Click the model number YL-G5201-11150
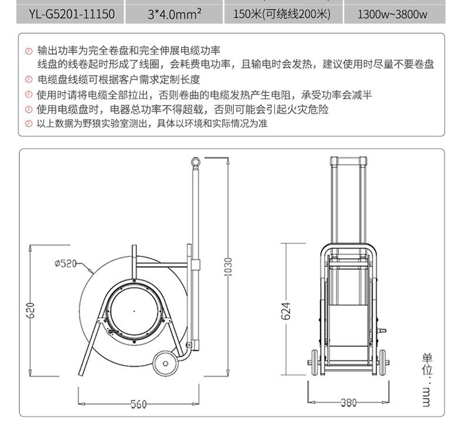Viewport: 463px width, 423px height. point(72,14)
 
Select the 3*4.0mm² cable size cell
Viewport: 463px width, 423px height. point(175,14)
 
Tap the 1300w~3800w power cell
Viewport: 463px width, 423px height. point(392,14)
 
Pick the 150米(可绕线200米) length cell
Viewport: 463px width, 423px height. point(282,14)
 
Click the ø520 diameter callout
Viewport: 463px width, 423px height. point(66,263)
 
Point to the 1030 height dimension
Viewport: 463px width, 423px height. point(228,267)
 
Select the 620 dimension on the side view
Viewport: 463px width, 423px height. point(30,310)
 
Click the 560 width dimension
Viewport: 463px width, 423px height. point(138,404)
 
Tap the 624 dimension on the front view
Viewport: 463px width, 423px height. point(285,311)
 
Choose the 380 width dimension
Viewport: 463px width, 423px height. point(349,402)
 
